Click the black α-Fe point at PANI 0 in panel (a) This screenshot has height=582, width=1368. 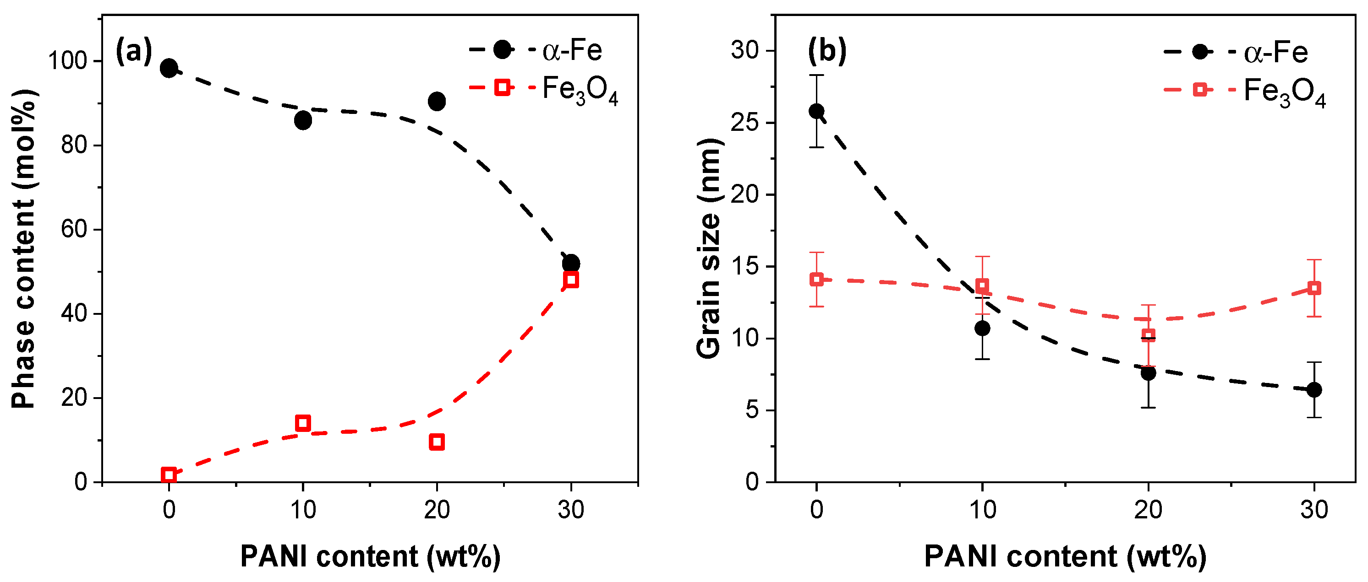[x=169, y=68]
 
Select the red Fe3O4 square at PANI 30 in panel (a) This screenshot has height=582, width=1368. [x=571, y=280]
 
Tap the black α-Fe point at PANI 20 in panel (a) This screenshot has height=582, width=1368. [x=437, y=101]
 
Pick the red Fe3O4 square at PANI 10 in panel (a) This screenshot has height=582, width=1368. [x=303, y=423]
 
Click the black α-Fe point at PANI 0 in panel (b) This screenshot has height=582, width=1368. [x=816, y=111]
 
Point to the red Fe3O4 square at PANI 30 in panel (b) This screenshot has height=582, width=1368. [x=1314, y=288]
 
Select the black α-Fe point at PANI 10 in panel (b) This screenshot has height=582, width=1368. [x=982, y=329]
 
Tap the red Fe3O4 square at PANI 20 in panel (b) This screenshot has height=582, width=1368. [x=1148, y=335]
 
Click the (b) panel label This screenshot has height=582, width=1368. [x=827, y=51]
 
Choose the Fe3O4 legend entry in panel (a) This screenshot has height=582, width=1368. [x=579, y=90]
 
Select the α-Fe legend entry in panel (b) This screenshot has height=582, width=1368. [x=1275, y=52]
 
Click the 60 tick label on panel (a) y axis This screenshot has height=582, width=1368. [x=74, y=230]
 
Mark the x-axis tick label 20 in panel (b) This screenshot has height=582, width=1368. [x=1148, y=510]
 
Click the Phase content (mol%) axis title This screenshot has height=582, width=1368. [x=23, y=249]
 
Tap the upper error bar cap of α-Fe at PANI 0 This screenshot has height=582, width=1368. [x=816, y=75]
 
